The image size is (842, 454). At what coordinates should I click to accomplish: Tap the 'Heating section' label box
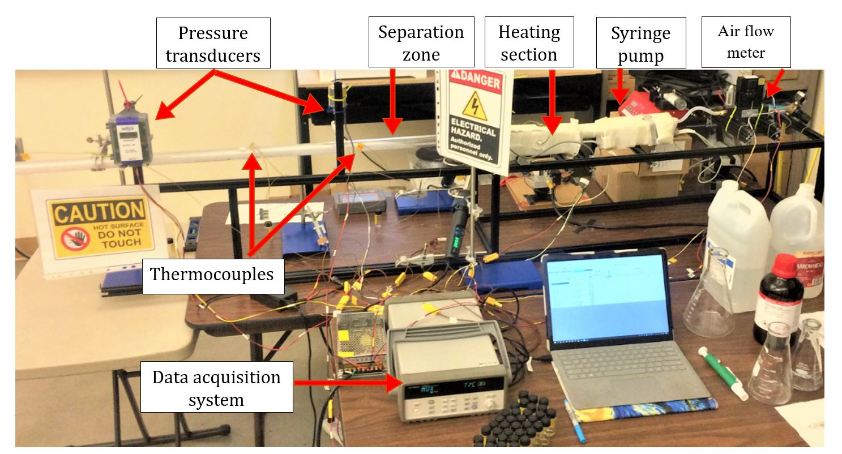[529, 43]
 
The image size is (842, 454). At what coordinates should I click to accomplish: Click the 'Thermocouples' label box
[212, 275]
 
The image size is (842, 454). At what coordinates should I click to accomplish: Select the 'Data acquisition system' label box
[216, 388]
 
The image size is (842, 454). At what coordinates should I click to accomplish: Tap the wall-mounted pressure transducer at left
[130, 138]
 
